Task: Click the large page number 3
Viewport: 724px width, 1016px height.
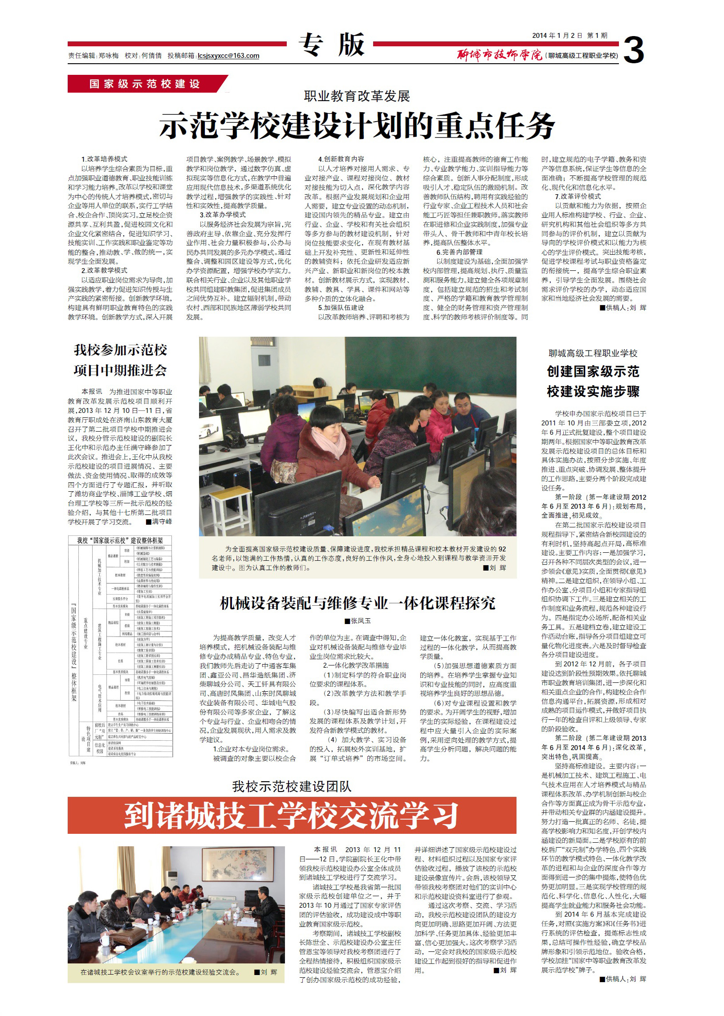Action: [x=633, y=50]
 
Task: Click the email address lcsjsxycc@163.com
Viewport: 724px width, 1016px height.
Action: [x=228, y=56]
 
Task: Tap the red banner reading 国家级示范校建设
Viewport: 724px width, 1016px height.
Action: [x=145, y=84]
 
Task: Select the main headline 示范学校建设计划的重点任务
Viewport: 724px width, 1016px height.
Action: [x=357, y=125]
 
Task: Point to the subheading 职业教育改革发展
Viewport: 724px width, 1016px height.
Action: [x=357, y=96]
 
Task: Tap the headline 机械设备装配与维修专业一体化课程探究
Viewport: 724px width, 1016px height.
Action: [x=357, y=604]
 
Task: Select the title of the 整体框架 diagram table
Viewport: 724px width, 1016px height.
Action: [x=120, y=541]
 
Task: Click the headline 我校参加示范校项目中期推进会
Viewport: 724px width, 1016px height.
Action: [x=120, y=360]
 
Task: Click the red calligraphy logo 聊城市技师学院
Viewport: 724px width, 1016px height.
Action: [x=499, y=55]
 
